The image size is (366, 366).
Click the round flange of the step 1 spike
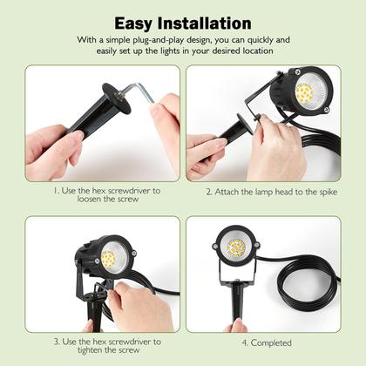(116, 98)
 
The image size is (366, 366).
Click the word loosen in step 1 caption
(78, 199)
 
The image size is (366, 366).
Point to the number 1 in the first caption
(54, 189)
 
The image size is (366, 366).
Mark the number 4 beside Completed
(243, 342)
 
